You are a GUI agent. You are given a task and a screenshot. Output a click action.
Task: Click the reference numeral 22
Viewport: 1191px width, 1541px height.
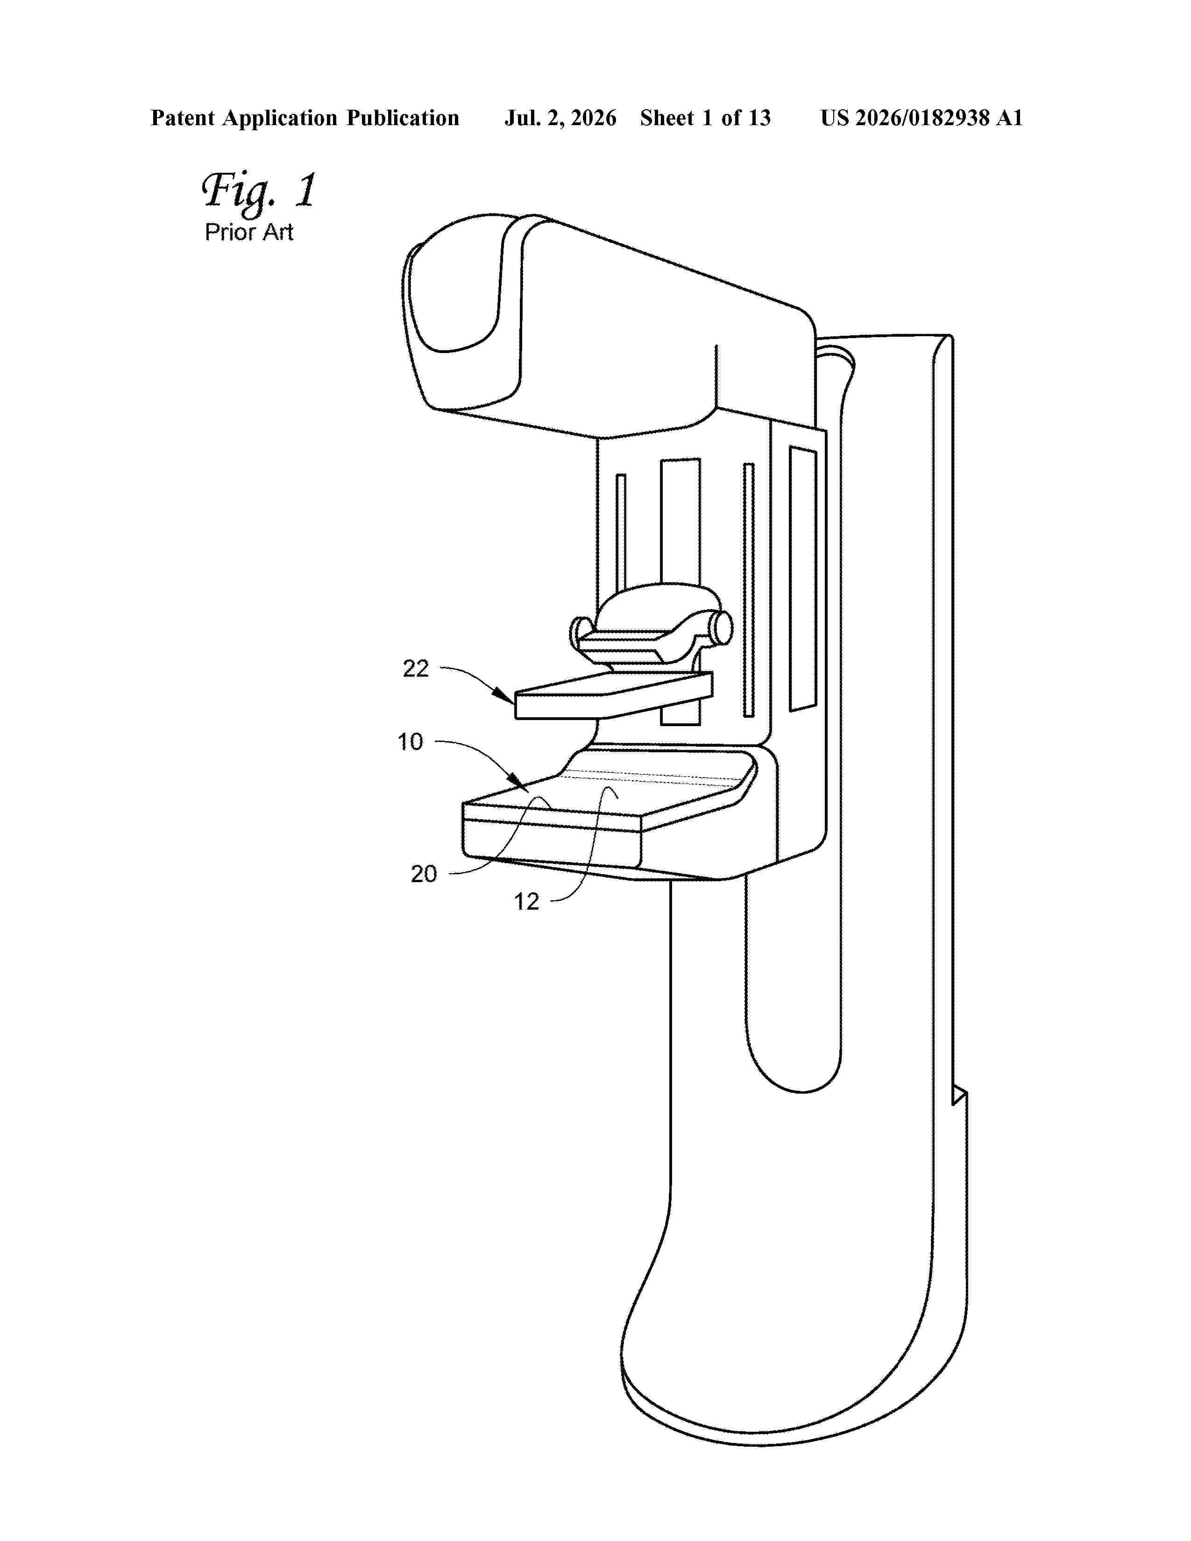click(416, 668)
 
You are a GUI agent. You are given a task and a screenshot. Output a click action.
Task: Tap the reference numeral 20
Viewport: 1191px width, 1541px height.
click(424, 874)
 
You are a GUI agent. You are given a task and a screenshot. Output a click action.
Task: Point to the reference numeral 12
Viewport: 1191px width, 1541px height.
click(526, 901)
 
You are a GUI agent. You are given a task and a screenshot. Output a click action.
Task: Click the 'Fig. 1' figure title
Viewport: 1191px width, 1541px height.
click(259, 191)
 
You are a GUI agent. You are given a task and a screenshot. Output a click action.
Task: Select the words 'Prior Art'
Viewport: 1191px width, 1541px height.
click(249, 232)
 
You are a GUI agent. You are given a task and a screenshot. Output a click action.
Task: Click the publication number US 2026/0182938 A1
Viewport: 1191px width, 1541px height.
click(922, 118)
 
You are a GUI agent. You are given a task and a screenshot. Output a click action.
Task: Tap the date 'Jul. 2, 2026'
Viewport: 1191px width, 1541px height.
click(560, 118)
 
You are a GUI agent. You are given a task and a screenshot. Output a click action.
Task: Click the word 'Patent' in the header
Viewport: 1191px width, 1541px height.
click(183, 118)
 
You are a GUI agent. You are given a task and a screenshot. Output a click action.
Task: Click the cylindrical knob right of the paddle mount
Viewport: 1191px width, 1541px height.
click(722, 628)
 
